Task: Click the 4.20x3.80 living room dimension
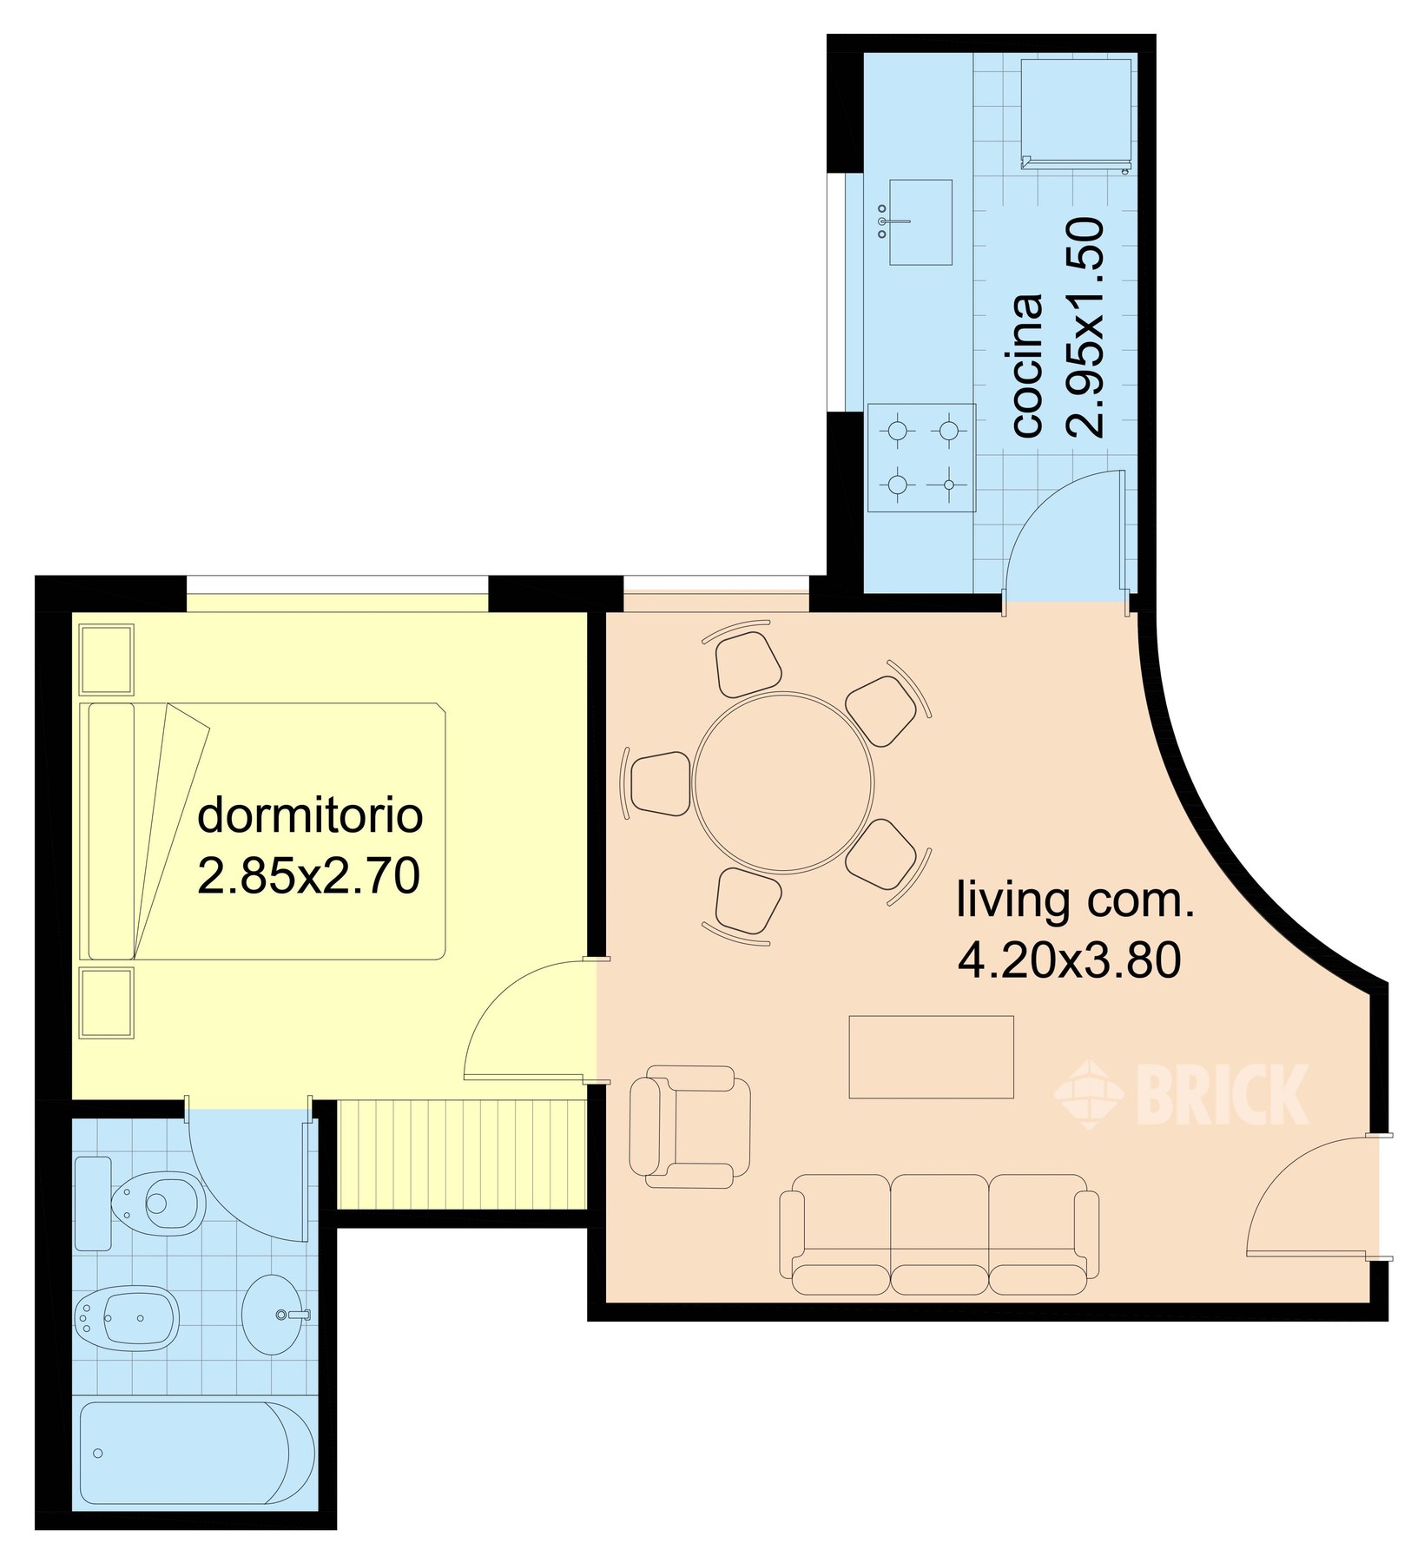1070,960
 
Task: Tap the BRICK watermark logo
1181,1095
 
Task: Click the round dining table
783,781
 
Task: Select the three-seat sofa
939,1235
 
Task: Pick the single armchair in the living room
690,1127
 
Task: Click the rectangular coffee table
932,1057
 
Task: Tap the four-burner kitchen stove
921,458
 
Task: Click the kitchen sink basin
920,222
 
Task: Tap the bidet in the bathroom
127,1319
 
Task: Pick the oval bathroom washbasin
274,1315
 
